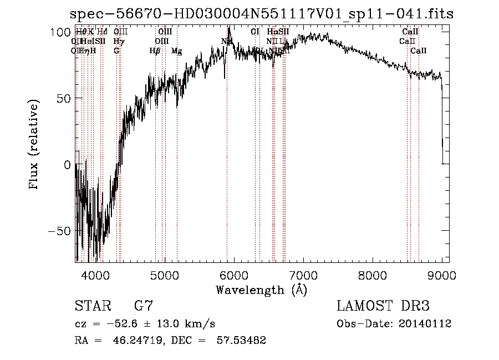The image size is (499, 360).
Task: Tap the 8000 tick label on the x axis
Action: [x=373, y=275]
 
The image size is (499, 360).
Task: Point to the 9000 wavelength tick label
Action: [x=442, y=275]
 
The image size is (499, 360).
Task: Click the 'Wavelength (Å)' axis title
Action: [x=261, y=290]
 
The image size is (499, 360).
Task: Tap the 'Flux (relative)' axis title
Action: [x=34, y=145]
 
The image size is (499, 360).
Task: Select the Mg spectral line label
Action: [x=176, y=51]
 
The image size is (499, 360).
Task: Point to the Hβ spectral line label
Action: [x=155, y=51]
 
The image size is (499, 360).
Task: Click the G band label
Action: [x=116, y=51]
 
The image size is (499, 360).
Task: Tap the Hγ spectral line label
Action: [x=119, y=41]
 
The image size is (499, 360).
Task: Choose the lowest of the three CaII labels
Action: [x=419, y=51]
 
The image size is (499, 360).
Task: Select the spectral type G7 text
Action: [x=144, y=306]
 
